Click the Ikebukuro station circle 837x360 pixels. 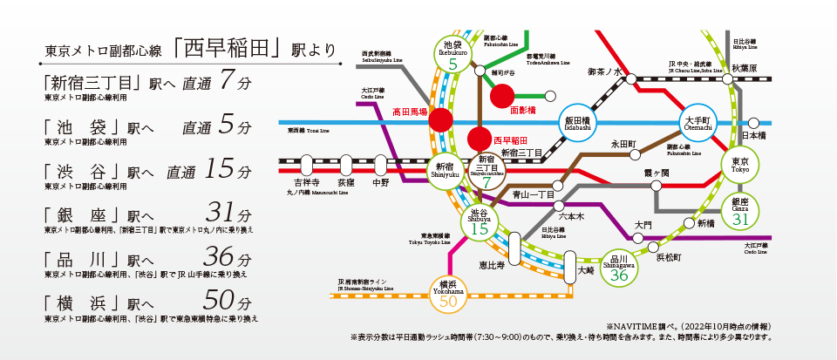[453, 55]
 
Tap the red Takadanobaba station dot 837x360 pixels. [441, 120]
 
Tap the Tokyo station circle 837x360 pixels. [739, 163]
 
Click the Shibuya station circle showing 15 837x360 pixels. [479, 223]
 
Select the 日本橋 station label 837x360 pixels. [753, 136]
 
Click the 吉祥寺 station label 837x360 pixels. [306, 183]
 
